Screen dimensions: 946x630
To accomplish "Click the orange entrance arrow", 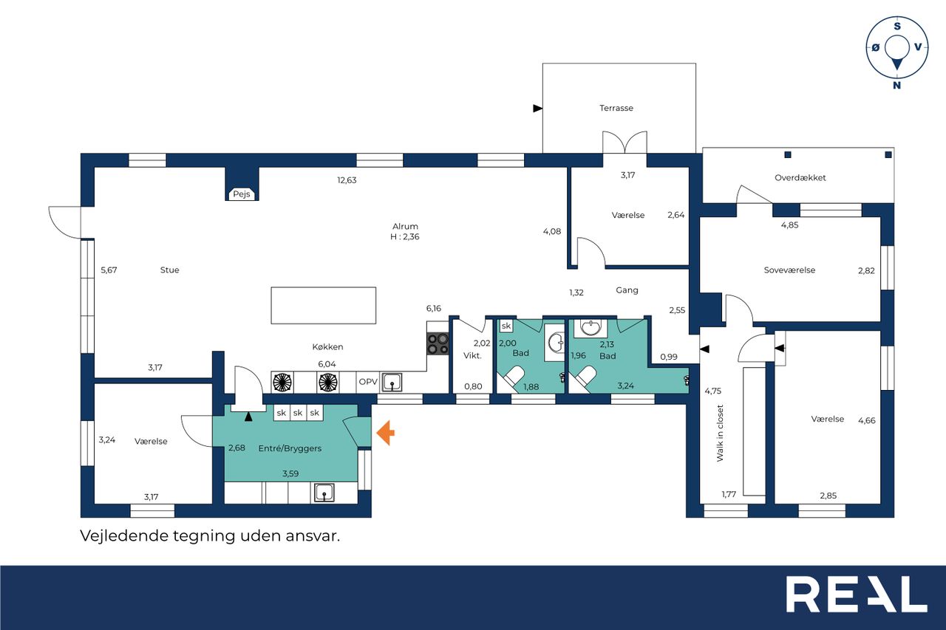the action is coord(386,432).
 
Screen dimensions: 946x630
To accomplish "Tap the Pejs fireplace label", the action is coord(242,194).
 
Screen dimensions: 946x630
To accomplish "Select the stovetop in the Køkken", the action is coord(438,344).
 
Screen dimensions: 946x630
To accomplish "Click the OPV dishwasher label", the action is coord(368,382).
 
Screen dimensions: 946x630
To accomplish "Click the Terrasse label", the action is coord(616,108).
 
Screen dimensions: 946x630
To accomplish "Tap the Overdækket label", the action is coord(800,178).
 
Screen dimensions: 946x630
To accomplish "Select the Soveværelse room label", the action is coord(789,270).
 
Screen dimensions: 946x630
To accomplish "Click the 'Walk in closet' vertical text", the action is coord(720,433).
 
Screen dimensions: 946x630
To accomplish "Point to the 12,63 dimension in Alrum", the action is coord(347,180).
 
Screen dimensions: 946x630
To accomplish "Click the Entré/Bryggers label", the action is coord(290,448).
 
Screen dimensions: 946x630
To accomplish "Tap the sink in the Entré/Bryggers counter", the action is coord(324,493).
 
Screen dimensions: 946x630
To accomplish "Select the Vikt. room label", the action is coord(472,356).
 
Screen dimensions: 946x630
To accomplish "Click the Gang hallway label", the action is coord(627,290).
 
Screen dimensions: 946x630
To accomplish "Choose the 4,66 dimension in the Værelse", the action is coord(867,420).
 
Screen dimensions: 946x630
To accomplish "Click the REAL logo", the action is coord(857,594).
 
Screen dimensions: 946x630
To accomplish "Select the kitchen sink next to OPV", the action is coord(392,383).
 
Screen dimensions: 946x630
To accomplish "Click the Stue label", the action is coord(169,270).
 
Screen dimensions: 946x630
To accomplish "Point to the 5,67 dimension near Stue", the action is coord(109,270).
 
